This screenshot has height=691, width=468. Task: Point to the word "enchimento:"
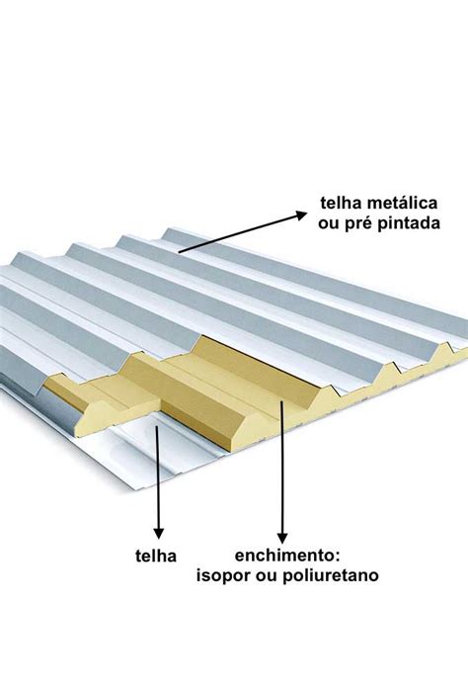click(287, 556)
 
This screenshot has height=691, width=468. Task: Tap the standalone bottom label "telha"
click(156, 557)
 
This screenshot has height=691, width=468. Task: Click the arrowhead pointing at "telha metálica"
click(301, 215)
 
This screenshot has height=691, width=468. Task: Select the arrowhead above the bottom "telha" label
click(159, 533)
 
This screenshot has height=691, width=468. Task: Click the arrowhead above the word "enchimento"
click(282, 538)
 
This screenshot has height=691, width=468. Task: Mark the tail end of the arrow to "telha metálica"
click(179, 252)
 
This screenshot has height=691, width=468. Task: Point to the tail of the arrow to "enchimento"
click(281, 401)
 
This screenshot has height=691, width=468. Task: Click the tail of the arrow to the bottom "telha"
click(157, 427)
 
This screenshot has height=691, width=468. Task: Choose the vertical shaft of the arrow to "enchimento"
click(282, 468)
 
